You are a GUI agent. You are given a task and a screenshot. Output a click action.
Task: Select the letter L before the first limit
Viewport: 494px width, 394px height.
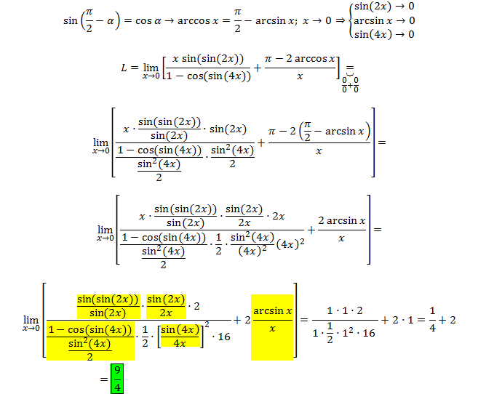pyautogui.click(x=124, y=68)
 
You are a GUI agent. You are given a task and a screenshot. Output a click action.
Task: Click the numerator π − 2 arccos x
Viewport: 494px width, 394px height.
pyautogui.click(x=300, y=59)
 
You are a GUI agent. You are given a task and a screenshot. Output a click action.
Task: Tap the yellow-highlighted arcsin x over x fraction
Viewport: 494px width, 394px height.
pyautogui.click(x=272, y=320)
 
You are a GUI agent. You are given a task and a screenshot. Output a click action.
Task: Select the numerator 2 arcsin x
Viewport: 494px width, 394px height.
pyautogui.click(x=341, y=221)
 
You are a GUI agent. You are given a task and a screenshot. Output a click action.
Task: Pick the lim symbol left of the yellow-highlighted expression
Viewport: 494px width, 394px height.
pyautogui.click(x=31, y=321)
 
